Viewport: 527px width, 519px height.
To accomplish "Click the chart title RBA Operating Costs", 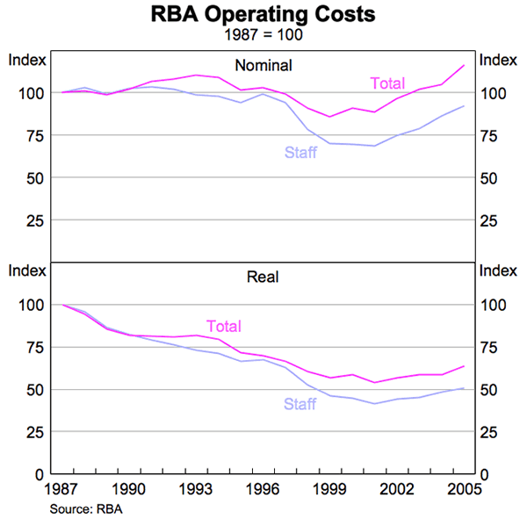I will [x=263, y=15].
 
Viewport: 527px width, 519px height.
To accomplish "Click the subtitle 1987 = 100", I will [x=263, y=36].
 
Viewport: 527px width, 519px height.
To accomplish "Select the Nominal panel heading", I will [x=263, y=65].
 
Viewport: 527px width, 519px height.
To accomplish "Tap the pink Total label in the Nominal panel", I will [x=386, y=84].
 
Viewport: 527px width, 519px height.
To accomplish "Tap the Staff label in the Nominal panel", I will [x=300, y=153].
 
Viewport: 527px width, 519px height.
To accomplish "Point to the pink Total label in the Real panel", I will [x=224, y=326].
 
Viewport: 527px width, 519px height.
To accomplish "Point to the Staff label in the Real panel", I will [x=300, y=405].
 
